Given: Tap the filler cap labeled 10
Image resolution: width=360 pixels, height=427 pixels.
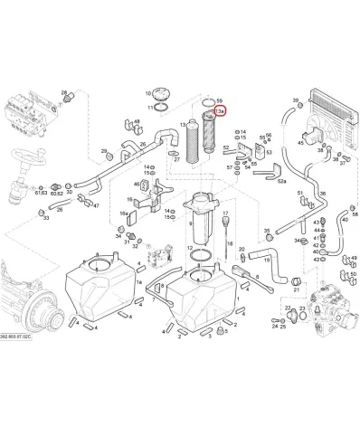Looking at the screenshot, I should pos(162,93).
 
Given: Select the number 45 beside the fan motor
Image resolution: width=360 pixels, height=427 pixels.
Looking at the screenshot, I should pos(300,142).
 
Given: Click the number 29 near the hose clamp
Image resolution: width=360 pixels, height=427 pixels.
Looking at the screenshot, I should pos(104,151).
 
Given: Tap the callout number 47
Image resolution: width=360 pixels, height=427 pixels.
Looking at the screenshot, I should pos(96,205).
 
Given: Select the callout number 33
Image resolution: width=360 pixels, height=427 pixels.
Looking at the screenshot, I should pos(44,218).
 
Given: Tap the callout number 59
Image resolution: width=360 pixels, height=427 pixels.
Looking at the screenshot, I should pos(221,101).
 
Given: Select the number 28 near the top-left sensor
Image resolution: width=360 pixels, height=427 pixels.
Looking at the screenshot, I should pos(64,92).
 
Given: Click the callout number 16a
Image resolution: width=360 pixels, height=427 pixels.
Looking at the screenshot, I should pos(123,213).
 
